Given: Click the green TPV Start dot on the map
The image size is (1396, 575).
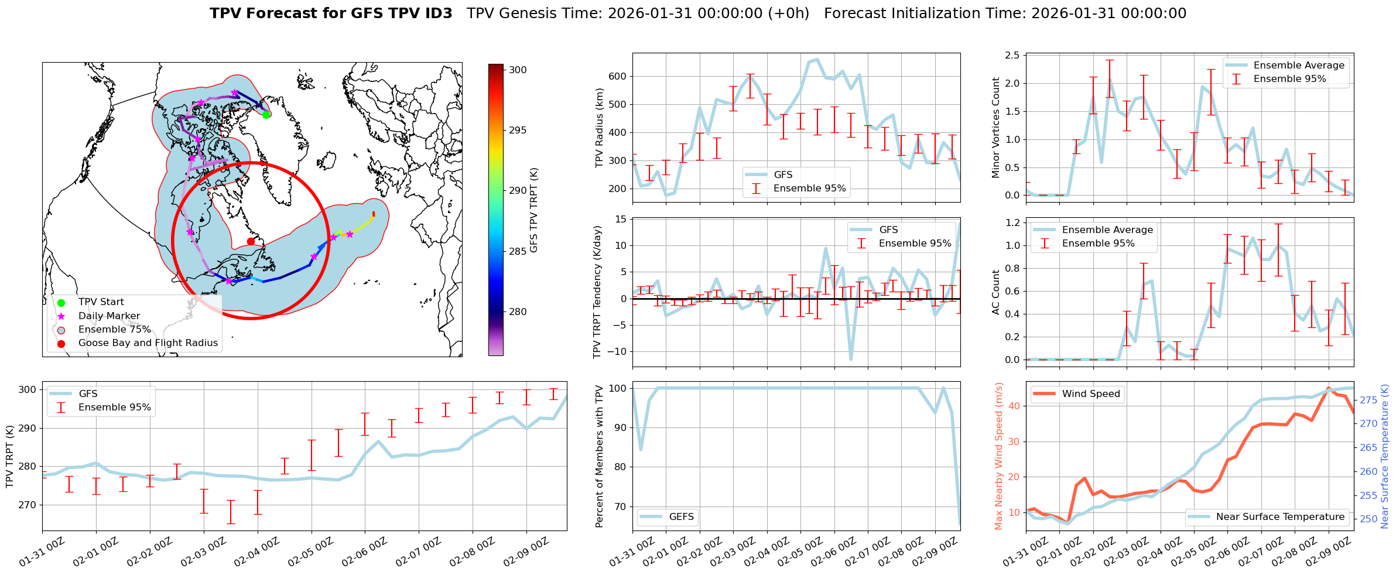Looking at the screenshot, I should pos(266,115).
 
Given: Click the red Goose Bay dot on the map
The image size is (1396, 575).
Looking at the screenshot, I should pos(251,241).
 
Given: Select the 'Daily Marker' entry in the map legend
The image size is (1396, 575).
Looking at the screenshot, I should pos(109,316).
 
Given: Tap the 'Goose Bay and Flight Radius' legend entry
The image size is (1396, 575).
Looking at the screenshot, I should pos(148,343).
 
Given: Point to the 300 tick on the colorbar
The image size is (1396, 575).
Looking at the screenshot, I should pos(518,70).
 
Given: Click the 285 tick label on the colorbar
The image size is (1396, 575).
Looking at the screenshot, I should pos(518,251).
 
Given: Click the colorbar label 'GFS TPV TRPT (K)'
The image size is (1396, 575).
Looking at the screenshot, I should pos(533,210).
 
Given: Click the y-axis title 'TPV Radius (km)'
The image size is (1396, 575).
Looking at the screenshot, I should pos(600,128).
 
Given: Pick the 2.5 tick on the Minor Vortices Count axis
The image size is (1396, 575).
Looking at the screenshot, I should pos(1012,56).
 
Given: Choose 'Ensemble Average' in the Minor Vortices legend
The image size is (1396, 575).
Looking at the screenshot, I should pos(1299,66).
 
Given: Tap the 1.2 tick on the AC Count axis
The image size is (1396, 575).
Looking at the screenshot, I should pos(1012,223).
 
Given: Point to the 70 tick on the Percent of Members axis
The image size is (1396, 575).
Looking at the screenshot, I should pos(620,506).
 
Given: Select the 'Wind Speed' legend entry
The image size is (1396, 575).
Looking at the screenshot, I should pos(1091,394).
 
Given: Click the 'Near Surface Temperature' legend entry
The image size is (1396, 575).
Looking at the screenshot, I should pos(1280,516).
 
